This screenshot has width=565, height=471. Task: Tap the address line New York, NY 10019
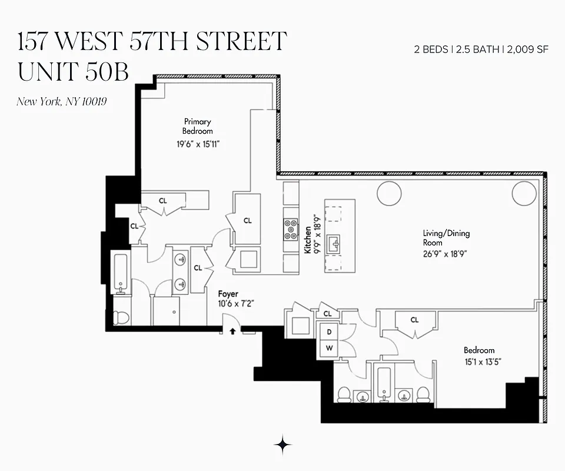pos(61,101)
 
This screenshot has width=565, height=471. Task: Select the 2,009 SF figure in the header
pos(527,49)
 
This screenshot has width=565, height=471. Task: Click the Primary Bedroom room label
pos(197,126)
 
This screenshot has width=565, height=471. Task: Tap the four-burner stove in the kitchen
pos(291,229)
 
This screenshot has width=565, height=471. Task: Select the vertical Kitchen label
pos(307,240)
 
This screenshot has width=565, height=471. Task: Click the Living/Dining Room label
pos(446,238)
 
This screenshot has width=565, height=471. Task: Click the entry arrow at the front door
pos(233,331)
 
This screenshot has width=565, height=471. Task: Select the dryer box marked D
pos(329,331)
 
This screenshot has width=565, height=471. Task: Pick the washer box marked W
pos(329,349)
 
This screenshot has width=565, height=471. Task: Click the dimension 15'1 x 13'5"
pos(482,361)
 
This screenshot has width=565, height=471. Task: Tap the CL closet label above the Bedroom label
pos(414,320)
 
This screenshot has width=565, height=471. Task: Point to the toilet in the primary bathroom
pos(121,317)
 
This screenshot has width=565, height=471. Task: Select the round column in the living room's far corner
pos(524,193)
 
